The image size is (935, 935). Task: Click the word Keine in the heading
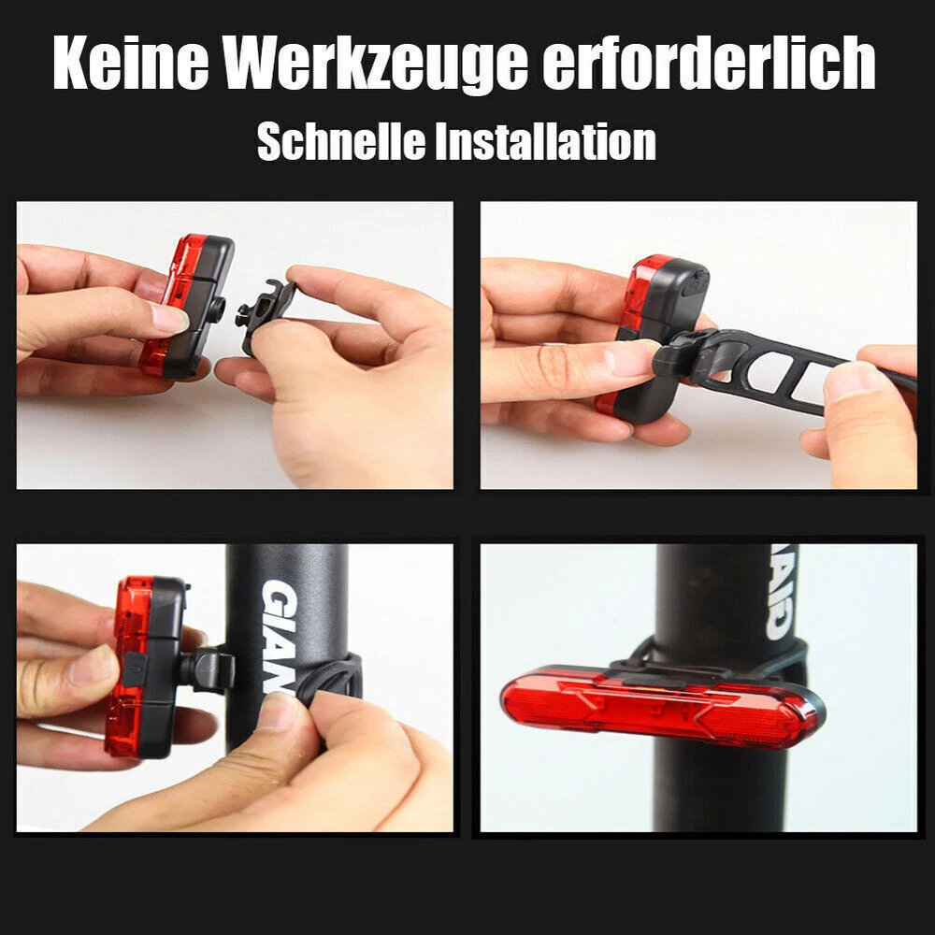pos(131,62)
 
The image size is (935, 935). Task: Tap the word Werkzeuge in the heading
pos(376,65)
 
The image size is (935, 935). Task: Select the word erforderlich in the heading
pos(709,62)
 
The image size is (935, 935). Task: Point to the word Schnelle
pos(341,141)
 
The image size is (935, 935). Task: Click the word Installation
pos(545,141)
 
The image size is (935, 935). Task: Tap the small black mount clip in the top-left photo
pos(266,315)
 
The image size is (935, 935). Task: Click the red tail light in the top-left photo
pos(187,307)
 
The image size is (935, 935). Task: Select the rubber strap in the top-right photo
pos(787,369)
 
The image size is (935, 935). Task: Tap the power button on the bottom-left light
pos(135,669)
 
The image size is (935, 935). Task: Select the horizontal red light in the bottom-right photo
pos(663,707)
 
